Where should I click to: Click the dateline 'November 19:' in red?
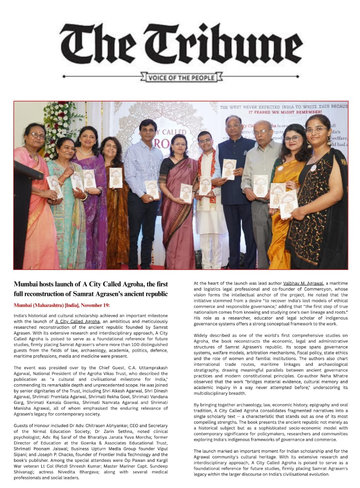pos(94,305)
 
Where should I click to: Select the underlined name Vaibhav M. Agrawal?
pos(303,283)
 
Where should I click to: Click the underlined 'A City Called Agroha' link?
pos(77,321)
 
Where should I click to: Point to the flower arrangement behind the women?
pos(61,126)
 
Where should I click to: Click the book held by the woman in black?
pos(289,204)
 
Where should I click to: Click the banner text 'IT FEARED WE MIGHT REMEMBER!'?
pos(284,112)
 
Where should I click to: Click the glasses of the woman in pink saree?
pos(36,136)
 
